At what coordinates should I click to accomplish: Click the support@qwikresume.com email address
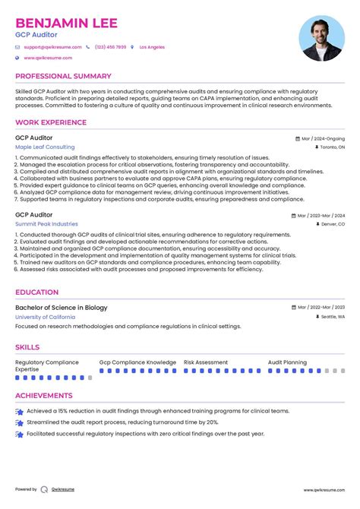pos(52,47)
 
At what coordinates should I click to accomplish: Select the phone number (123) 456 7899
pos(110,47)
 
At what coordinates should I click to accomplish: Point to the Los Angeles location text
pos(152,47)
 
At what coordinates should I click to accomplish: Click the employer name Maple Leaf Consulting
pos(45,147)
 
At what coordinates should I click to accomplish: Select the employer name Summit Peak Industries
pos(46,224)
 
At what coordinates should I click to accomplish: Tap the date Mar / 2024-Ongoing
pos(323,139)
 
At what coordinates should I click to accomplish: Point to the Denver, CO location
pos(332,225)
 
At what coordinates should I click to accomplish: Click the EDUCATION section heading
pos(36,292)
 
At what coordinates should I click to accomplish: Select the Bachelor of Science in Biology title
pos(62,308)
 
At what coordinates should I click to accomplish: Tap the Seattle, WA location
pos(331,317)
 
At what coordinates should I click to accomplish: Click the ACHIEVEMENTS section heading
pos(44,396)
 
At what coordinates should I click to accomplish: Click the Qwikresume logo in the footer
pos(58,489)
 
